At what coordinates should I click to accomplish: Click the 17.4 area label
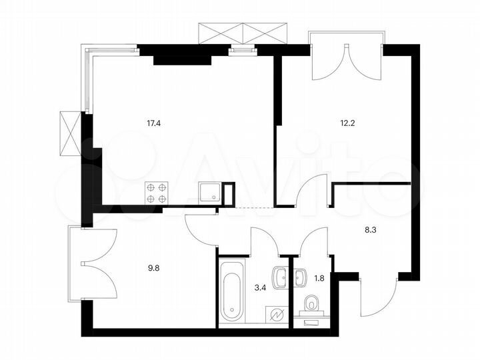153,122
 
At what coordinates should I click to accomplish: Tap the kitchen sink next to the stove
210,192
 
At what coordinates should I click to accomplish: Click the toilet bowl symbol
310,305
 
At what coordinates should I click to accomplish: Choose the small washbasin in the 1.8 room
299,275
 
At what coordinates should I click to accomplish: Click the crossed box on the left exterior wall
70,133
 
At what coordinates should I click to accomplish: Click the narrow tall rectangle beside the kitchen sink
229,192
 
